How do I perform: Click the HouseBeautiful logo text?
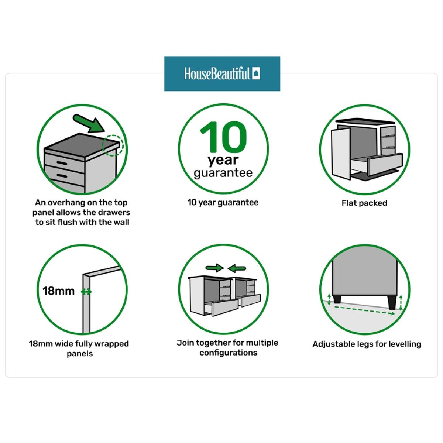click(217, 74)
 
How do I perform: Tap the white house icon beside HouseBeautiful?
click(256, 73)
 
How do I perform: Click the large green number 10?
click(223, 137)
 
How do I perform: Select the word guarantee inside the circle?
click(223, 173)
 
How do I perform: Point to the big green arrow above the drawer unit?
click(89, 124)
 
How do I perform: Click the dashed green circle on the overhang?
click(113, 145)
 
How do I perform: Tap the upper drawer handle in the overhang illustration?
click(62, 163)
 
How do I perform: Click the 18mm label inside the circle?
click(58, 291)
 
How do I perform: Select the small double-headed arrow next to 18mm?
click(86, 292)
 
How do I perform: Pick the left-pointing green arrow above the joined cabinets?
click(237, 268)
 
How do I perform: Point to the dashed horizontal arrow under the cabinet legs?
click(365, 310)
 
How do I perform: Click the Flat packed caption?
click(364, 203)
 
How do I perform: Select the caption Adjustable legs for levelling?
click(367, 344)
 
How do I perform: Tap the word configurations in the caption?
click(228, 353)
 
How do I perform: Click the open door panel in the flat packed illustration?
click(341, 154)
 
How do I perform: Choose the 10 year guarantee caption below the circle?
click(223, 203)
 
